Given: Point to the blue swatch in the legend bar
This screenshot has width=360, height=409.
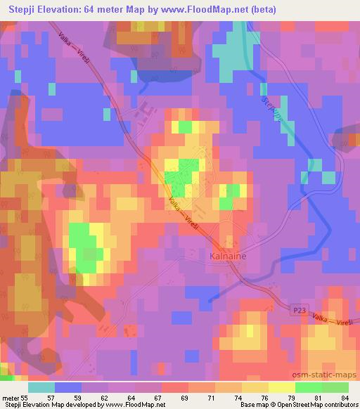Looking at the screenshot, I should (68, 388).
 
